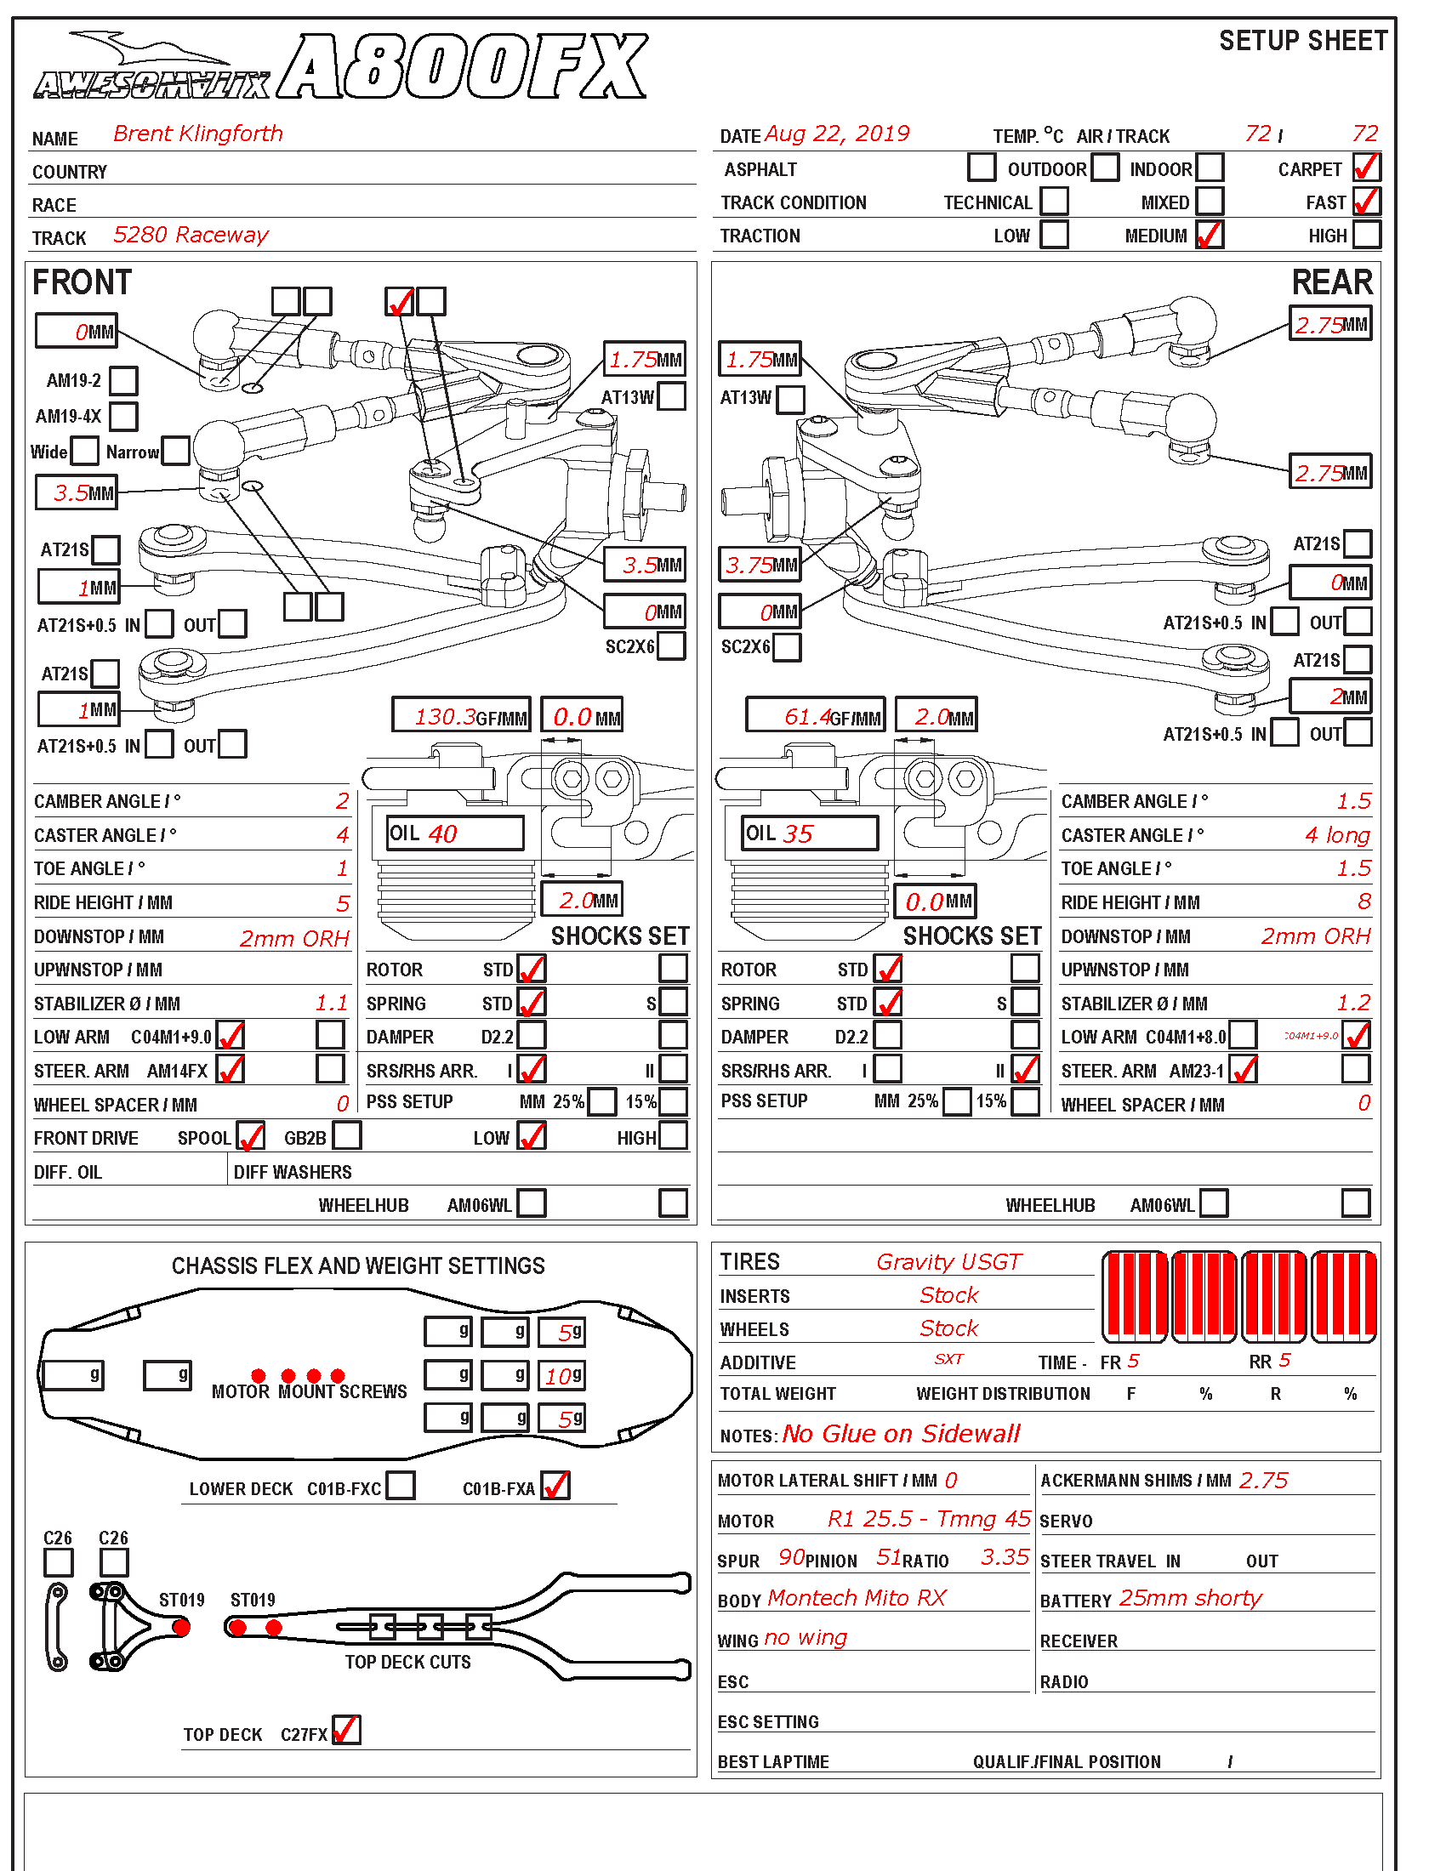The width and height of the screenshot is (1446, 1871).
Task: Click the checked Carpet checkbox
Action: coord(1366,167)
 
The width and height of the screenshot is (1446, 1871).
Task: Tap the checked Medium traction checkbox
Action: coord(1209,235)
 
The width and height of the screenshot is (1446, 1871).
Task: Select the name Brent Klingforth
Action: coord(198,134)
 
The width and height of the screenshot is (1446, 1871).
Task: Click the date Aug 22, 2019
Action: coord(836,134)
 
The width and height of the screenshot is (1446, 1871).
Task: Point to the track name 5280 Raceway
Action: coord(191,235)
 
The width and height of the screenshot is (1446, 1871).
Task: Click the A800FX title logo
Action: coord(463,67)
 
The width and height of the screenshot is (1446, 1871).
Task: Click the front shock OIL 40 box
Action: coord(455,833)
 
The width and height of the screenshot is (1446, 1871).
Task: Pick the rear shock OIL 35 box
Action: coord(810,833)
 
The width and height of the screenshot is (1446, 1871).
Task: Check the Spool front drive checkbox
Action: coord(250,1136)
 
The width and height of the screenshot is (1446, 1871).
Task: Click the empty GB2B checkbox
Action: coord(347,1136)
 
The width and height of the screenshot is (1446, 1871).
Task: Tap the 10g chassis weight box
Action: coord(562,1376)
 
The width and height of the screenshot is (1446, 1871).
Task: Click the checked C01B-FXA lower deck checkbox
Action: coord(556,1486)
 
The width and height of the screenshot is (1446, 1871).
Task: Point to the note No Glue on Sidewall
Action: coord(901,1434)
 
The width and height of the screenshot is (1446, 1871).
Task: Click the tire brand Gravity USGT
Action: coord(948,1262)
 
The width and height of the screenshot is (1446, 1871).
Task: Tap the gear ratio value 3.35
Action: coord(1004,1556)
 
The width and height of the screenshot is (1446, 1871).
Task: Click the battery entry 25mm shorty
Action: coord(1190,1598)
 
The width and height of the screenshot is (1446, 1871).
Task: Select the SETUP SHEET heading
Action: coord(1302,41)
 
